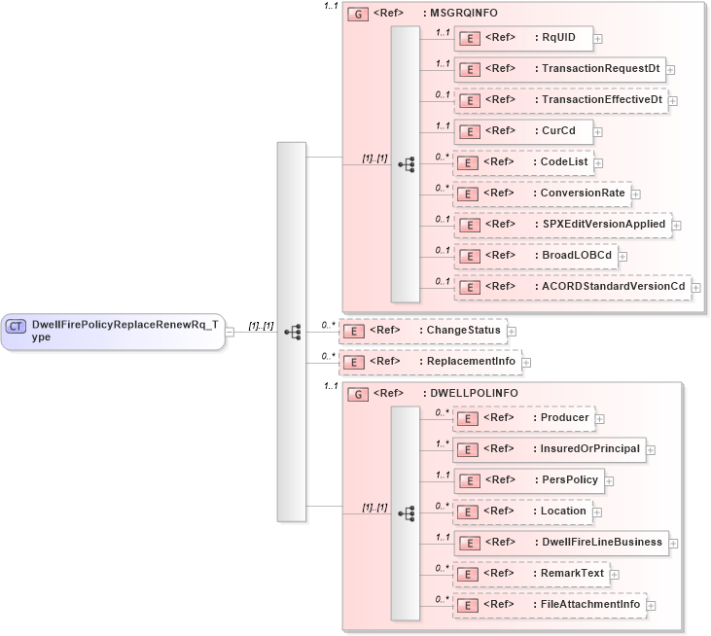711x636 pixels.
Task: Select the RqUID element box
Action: click(524, 38)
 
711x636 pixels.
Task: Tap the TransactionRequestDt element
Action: click(560, 69)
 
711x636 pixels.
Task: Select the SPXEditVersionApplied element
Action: click(563, 224)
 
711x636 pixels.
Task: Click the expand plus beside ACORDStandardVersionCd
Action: click(696, 287)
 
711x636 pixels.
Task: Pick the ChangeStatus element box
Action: click(422, 331)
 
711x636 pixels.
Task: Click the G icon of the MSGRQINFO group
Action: click(357, 16)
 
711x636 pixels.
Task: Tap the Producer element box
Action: click(526, 418)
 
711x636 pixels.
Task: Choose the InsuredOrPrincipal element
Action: click(551, 449)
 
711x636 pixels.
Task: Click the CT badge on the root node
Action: click(17, 326)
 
